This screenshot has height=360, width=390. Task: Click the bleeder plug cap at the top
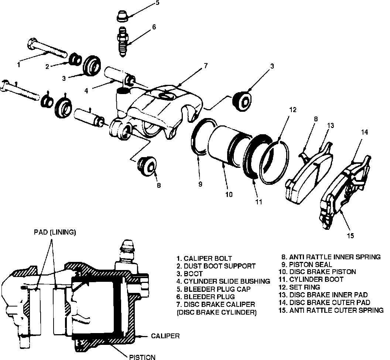(x=122, y=16)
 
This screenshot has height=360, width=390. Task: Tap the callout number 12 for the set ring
(x=293, y=110)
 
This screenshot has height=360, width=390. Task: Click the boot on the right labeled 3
(x=242, y=101)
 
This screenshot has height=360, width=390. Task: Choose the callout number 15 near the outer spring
(x=350, y=236)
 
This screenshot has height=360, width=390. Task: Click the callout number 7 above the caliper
(x=206, y=66)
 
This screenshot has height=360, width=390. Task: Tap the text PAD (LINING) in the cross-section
(x=55, y=232)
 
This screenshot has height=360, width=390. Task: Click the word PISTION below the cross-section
(x=142, y=357)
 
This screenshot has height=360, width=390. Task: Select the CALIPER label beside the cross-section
(x=165, y=336)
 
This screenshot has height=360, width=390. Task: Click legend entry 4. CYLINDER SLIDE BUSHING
(x=223, y=281)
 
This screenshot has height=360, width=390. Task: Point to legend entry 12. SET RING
(x=299, y=287)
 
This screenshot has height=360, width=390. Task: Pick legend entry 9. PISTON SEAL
(x=307, y=264)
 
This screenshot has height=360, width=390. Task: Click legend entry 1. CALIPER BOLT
(x=204, y=259)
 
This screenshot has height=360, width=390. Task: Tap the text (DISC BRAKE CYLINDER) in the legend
(x=217, y=312)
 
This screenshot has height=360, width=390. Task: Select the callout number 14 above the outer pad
(x=365, y=132)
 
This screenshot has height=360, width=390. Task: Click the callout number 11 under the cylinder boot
(x=259, y=202)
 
